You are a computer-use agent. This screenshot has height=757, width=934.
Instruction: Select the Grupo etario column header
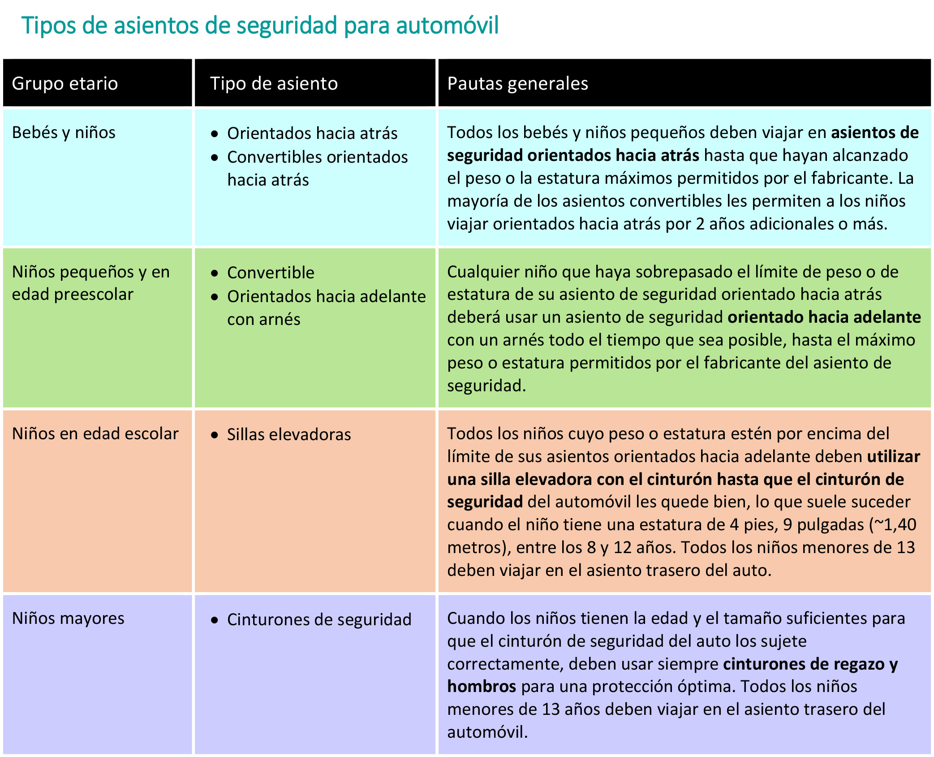(x=65, y=84)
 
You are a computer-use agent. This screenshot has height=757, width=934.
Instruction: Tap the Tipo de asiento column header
(x=274, y=84)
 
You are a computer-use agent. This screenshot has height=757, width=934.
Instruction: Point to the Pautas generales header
(x=517, y=84)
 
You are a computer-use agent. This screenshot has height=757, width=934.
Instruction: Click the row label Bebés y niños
(x=64, y=133)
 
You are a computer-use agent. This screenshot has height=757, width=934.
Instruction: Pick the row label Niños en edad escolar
(x=95, y=434)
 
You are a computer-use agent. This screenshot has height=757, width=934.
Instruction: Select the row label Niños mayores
(x=68, y=619)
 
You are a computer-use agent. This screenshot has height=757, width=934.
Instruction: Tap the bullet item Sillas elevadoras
(x=289, y=435)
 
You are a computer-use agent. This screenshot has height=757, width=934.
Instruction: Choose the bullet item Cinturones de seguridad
(x=319, y=620)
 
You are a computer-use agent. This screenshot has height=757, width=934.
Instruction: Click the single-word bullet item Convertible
(x=271, y=273)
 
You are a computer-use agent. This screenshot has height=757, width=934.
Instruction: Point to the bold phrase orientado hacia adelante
(x=824, y=317)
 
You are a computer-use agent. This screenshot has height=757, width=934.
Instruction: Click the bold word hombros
(x=482, y=687)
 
